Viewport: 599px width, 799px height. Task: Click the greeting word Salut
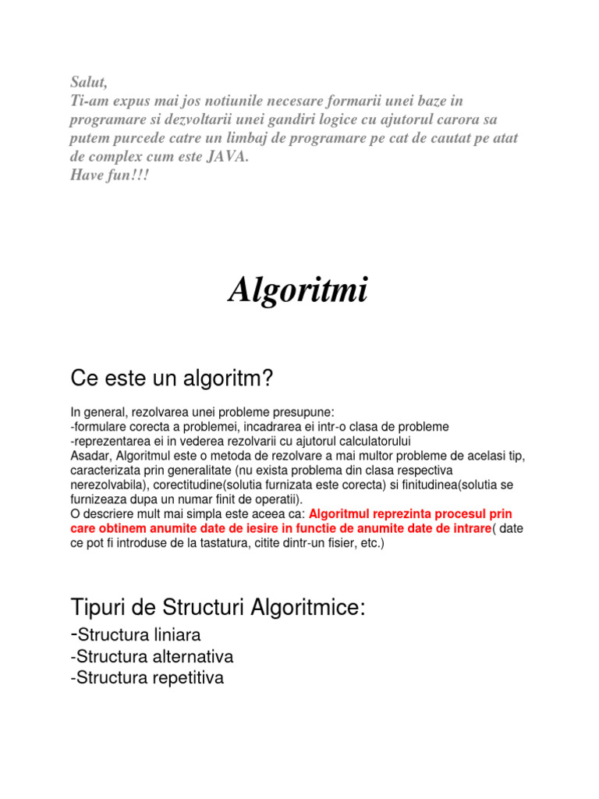[87, 84]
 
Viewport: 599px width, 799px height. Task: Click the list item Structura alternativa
[154, 656]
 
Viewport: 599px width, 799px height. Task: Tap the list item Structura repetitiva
[149, 678]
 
